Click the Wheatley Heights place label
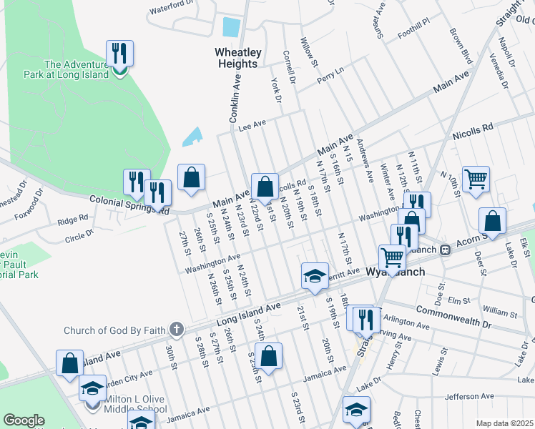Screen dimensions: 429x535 238,58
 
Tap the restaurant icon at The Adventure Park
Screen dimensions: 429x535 118,54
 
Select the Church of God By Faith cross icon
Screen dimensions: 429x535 177,330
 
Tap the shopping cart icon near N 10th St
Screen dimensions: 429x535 476,179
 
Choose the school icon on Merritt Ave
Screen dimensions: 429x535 313,277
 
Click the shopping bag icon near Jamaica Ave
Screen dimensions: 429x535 268,356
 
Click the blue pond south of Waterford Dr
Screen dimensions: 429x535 231,27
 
